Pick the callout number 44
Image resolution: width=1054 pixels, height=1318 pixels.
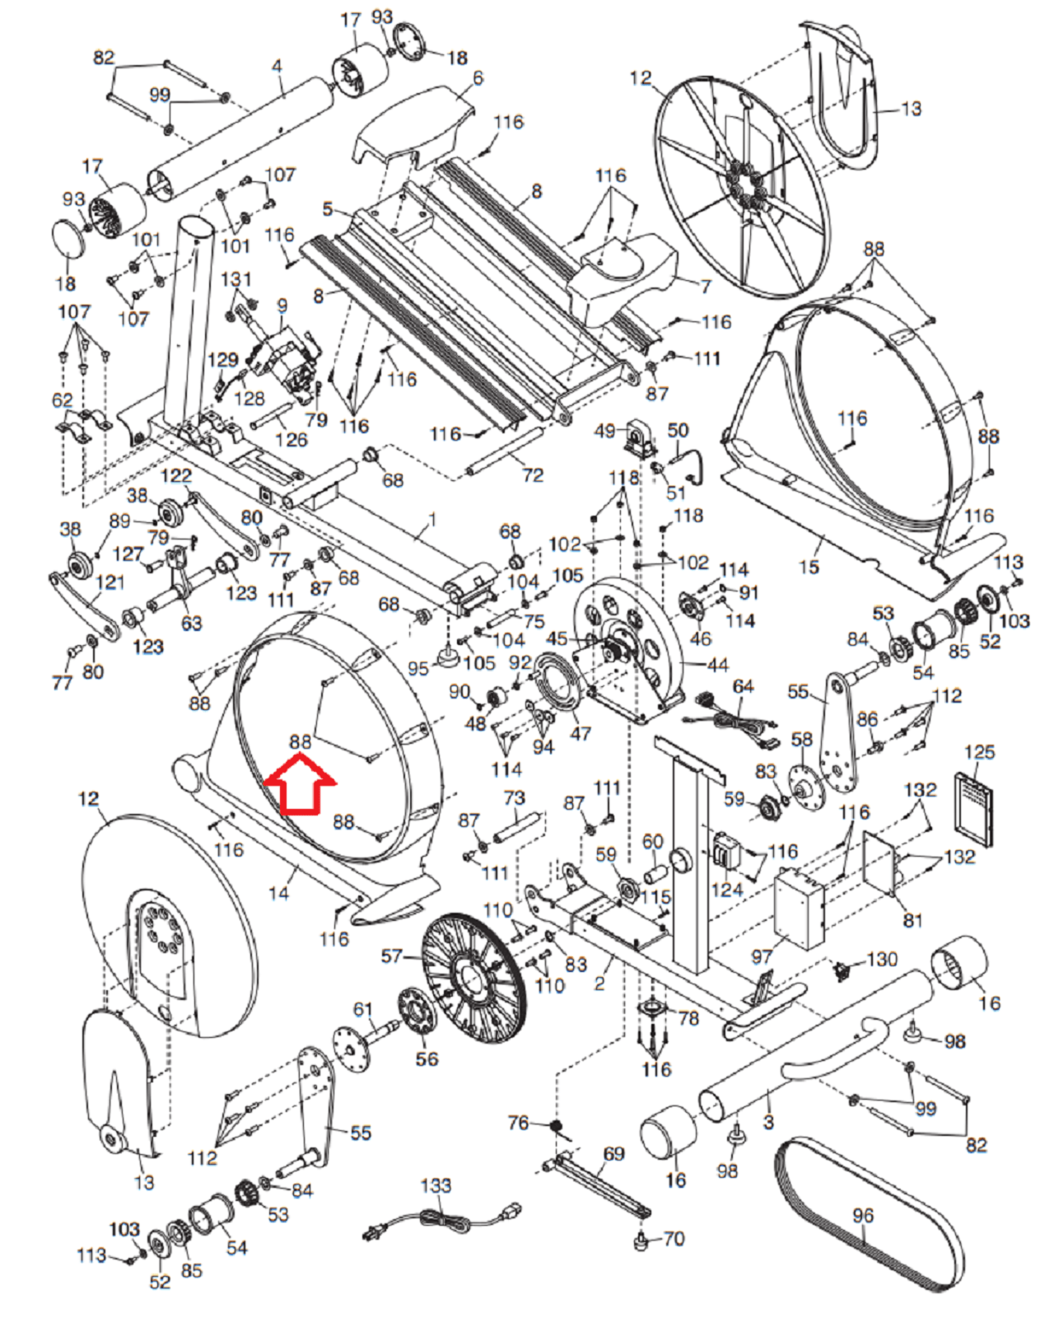point(717,664)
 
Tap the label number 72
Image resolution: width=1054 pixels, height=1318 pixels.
point(532,474)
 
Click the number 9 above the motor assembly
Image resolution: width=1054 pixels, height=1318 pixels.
point(282,305)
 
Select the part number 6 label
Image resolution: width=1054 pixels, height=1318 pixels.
point(478,77)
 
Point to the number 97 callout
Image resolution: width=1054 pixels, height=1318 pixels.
point(762,956)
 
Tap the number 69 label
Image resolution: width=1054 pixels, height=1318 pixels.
point(613,1153)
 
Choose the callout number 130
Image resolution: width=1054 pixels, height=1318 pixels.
point(882,959)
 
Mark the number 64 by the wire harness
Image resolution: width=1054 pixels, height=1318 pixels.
point(743,686)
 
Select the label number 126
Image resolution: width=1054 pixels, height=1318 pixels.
point(291,439)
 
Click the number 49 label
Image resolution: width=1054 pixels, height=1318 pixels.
point(604,431)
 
